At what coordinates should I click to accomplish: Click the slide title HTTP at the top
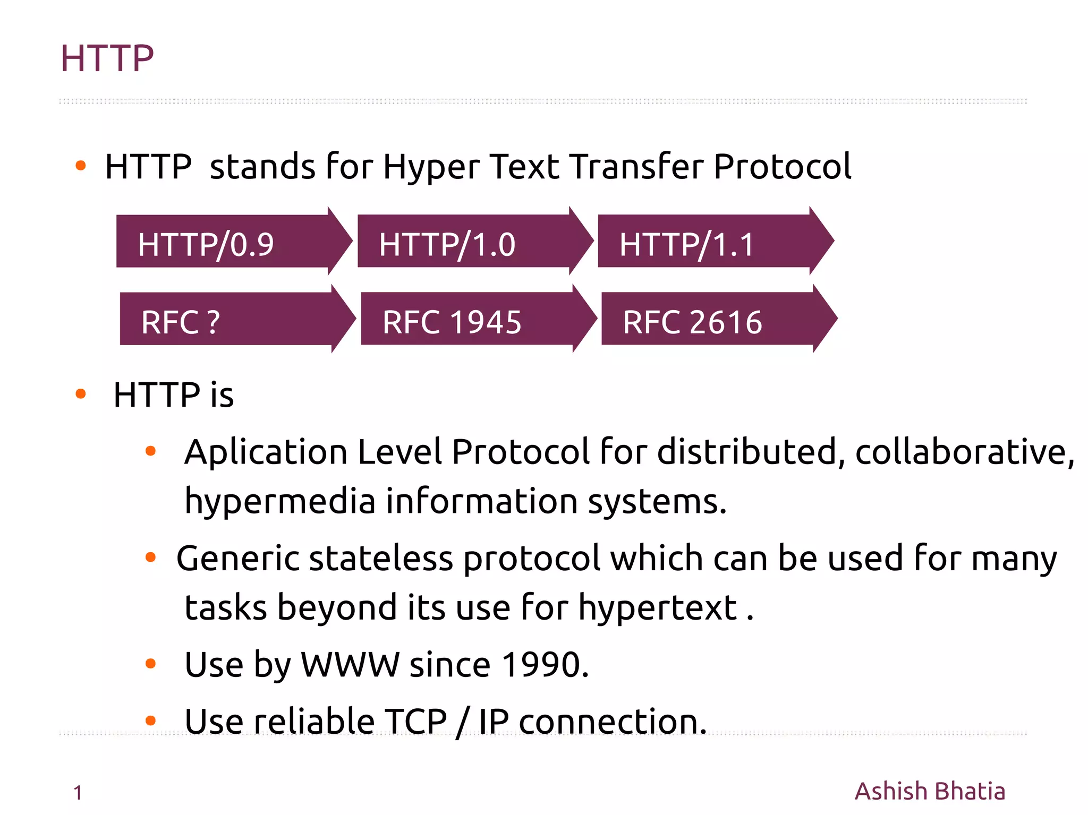(x=107, y=58)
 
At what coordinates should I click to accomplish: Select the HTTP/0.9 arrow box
(x=223, y=242)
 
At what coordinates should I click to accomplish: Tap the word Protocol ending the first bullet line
(x=782, y=167)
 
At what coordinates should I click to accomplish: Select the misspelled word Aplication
(x=266, y=452)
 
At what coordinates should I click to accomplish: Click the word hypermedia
(x=280, y=502)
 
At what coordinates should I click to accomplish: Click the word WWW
(x=350, y=665)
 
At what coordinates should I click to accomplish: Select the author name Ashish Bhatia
(x=930, y=791)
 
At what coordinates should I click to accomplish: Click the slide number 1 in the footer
(x=78, y=793)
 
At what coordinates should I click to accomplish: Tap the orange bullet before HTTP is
(x=81, y=393)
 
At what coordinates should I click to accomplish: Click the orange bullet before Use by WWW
(x=150, y=663)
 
